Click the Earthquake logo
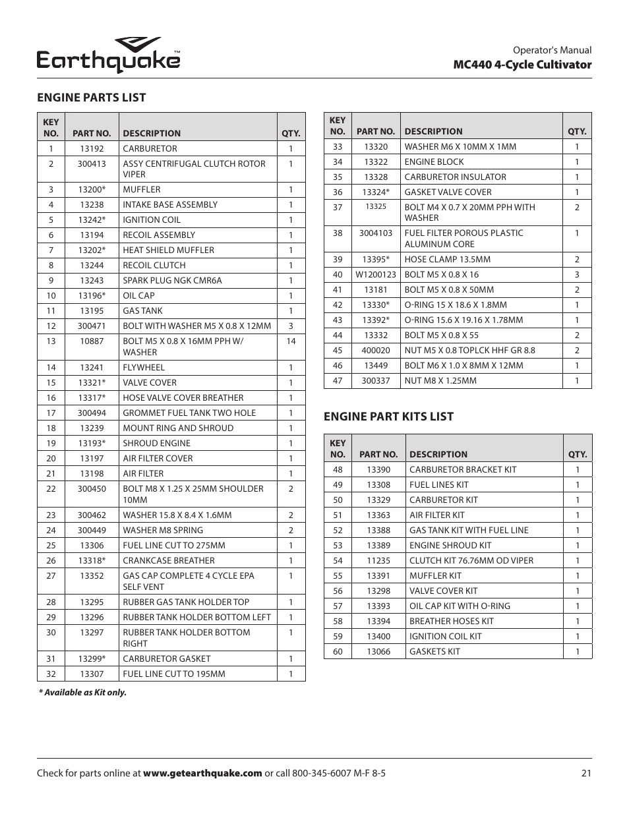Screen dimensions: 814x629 pyautogui.click(x=109, y=55)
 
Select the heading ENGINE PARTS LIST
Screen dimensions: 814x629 pyautogui.click(x=92, y=98)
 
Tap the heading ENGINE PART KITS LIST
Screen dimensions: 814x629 pyautogui.click(x=388, y=417)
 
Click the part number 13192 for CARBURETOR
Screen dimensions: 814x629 pyautogui.click(x=92, y=149)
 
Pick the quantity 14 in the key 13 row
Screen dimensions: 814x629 pyautogui.click(x=291, y=341)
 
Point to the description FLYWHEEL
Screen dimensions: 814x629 pyautogui.click(x=144, y=368)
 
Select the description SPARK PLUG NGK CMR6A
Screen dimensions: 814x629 pyautogui.click(x=172, y=281)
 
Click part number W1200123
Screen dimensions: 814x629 pyautogui.click(x=376, y=275)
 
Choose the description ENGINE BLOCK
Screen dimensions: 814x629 pyautogui.click(x=434, y=162)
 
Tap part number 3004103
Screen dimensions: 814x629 pyautogui.click(x=376, y=233)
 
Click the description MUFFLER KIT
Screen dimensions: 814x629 pyautogui.click(x=435, y=576)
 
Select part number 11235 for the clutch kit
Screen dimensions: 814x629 pyautogui.click(x=378, y=561)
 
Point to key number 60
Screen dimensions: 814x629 pyautogui.click(x=338, y=652)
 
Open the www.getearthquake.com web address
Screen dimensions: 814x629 pyautogui.click(x=202, y=773)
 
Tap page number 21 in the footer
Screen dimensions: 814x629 pyautogui.click(x=586, y=773)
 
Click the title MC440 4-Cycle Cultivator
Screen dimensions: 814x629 pyautogui.click(x=522, y=65)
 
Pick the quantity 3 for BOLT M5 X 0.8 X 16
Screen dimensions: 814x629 pyautogui.click(x=577, y=275)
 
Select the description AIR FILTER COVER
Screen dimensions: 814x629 pyautogui.click(x=158, y=459)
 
